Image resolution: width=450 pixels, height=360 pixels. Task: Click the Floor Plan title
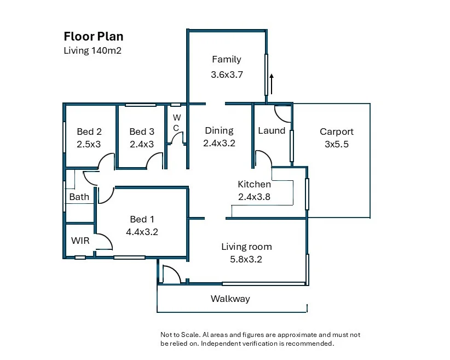pyautogui.click(x=94, y=37)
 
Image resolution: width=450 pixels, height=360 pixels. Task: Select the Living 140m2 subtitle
pyautogui.click(x=93, y=50)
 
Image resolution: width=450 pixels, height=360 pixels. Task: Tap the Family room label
pyautogui.click(x=227, y=60)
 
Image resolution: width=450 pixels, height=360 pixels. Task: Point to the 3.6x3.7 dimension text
pyautogui.click(x=227, y=75)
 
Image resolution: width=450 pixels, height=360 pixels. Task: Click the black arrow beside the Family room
pyautogui.click(x=272, y=84)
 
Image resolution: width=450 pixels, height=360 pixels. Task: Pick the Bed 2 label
pyautogui.click(x=89, y=132)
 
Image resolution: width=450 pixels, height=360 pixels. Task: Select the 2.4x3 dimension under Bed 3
pyautogui.click(x=142, y=144)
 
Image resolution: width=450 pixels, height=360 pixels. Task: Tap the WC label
pyautogui.click(x=176, y=123)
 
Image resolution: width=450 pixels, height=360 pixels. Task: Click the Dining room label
pyautogui.click(x=220, y=131)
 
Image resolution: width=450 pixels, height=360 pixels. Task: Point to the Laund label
pyautogui.click(x=272, y=131)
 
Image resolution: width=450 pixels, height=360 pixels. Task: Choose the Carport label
pyautogui.click(x=337, y=132)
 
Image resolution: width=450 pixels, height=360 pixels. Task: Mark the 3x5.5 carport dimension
pyautogui.click(x=337, y=144)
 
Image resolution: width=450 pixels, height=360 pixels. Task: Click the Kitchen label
pyautogui.click(x=254, y=184)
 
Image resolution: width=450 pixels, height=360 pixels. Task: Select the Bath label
pyautogui.click(x=79, y=197)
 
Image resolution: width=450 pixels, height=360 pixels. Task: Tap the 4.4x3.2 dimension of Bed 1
pyautogui.click(x=142, y=232)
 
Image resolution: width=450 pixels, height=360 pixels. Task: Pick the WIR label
pyautogui.click(x=80, y=241)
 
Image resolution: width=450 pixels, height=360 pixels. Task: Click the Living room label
pyautogui.click(x=246, y=247)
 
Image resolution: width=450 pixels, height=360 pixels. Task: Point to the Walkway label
pyautogui.click(x=230, y=299)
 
